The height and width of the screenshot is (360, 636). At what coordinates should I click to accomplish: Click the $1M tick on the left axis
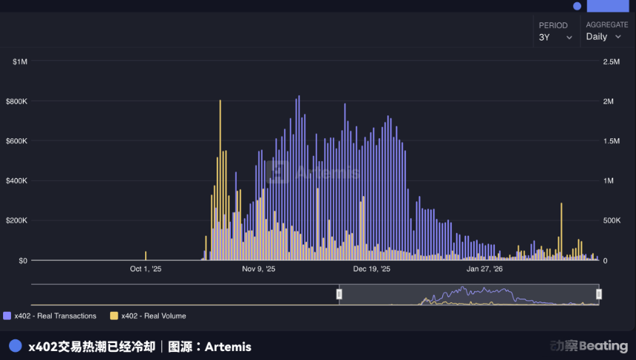click(20, 62)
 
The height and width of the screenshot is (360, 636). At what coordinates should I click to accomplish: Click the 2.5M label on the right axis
click(611, 62)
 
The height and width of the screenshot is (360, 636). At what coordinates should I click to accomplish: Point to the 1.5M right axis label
click(611, 141)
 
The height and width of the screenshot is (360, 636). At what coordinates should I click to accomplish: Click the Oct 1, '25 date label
click(146, 270)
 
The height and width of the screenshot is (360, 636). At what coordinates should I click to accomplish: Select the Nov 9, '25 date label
click(259, 270)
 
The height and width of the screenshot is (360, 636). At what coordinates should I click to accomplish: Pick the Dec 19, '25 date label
click(371, 270)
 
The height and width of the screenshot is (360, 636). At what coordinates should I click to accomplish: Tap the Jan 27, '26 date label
click(484, 270)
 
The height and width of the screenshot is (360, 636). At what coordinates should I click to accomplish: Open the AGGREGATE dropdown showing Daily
click(603, 37)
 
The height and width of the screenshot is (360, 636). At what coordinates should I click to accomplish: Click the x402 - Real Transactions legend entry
click(50, 316)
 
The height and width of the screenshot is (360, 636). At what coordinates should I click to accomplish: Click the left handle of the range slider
click(339, 294)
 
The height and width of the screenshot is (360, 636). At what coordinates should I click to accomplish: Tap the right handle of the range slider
click(598, 294)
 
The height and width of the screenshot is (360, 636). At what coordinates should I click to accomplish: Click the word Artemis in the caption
click(228, 347)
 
